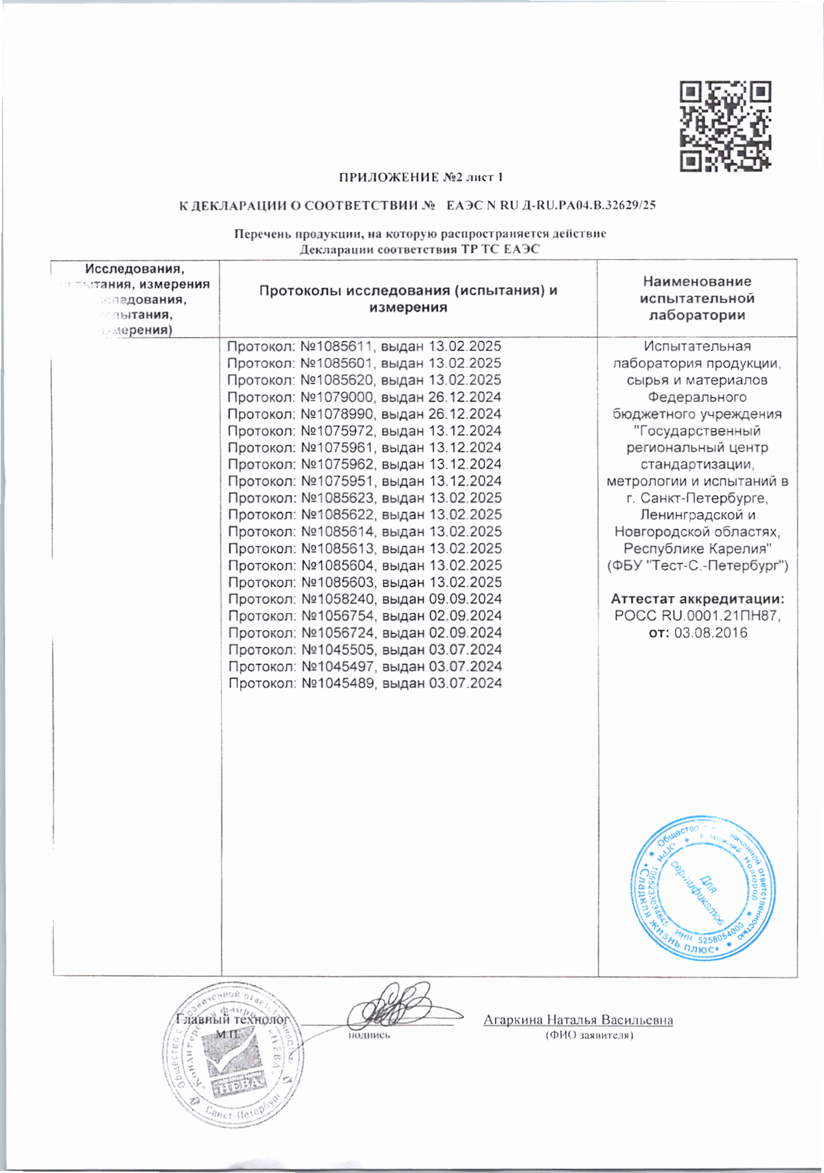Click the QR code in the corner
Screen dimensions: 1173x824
(725, 126)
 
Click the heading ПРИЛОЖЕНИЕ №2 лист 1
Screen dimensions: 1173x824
(421, 177)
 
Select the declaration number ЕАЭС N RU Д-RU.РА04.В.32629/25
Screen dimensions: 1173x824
(551, 206)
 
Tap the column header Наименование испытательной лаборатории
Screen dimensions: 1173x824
(697, 298)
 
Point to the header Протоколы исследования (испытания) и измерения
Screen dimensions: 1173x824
(408, 298)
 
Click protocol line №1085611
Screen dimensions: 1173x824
(364, 346)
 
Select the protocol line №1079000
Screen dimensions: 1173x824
(364, 397)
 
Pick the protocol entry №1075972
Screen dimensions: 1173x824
(364, 431)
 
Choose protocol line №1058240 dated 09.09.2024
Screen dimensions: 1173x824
(365, 599)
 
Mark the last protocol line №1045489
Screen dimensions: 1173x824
(365, 683)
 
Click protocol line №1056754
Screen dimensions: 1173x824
(365, 616)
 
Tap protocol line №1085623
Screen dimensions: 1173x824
(365, 498)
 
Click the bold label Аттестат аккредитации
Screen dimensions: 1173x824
(697, 599)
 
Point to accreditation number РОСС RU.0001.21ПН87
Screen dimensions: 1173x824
(697, 616)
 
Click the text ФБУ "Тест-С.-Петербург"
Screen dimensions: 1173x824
(697, 566)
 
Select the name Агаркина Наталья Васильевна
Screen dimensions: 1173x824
(578, 1020)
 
